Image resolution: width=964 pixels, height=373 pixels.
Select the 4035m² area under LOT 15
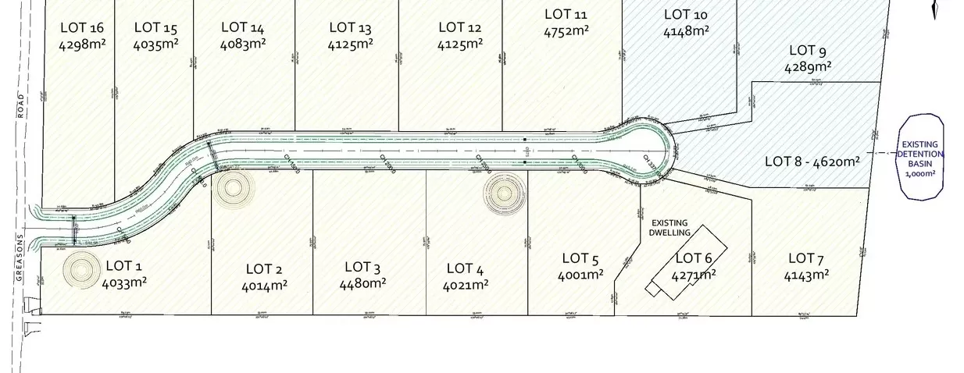click(x=155, y=44)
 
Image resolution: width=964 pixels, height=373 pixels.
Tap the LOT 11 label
click(x=566, y=14)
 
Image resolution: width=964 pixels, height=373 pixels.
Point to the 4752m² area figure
click(x=566, y=31)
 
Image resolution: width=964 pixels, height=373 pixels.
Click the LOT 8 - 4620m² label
click(x=812, y=162)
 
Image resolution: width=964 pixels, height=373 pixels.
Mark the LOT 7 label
click(x=806, y=258)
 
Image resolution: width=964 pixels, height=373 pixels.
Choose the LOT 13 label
click(x=348, y=27)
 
